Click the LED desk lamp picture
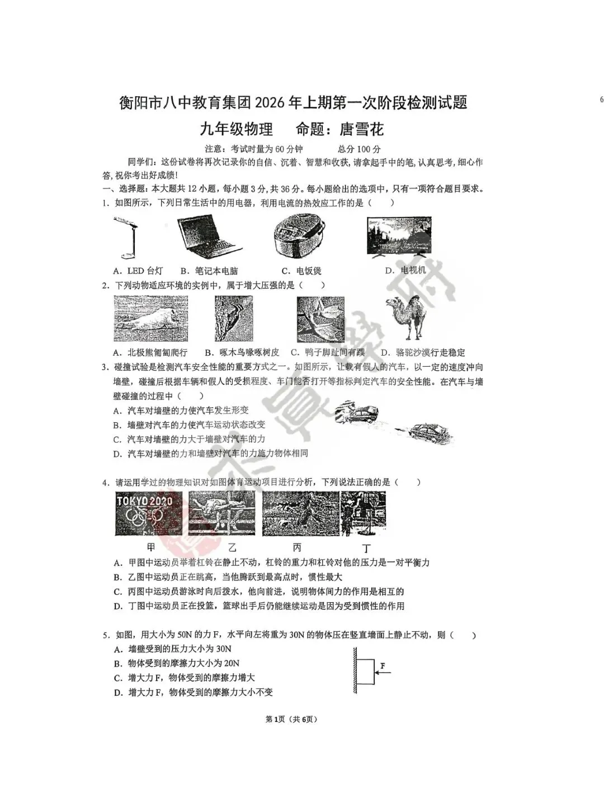tap(128, 238)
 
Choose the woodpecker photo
tap(234, 319)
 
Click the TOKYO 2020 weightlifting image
tap(149, 513)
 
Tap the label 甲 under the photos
tap(150, 547)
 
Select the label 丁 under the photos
tap(366, 548)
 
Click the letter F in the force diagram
tap(383, 665)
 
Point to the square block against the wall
tap(366, 672)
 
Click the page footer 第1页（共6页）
tap(294, 719)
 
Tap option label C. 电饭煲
tap(301, 271)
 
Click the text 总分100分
tap(359, 149)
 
